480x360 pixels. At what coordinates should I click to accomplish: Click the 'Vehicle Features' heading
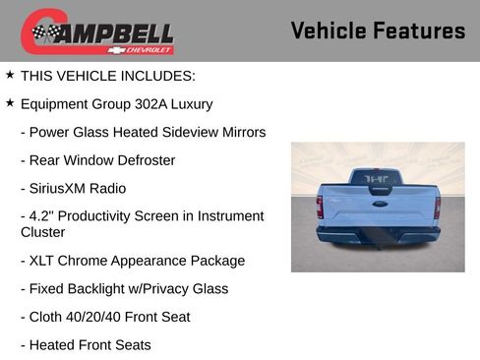[x=378, y=31]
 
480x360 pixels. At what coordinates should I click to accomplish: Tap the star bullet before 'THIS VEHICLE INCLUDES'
[x=10, y=75]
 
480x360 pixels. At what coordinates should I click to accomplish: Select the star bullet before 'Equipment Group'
[x=10, y=102]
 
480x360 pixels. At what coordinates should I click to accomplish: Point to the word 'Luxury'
[x=191, y=103]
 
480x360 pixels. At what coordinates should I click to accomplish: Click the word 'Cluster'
[x=43, y=233]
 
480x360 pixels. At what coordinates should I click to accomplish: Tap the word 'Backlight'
[x=100, y=289]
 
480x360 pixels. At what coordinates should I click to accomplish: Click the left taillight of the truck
[x=320, y=207]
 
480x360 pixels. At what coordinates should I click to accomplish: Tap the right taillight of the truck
[x=438, y=207]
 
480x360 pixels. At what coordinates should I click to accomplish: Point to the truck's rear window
[x=378, y=178]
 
